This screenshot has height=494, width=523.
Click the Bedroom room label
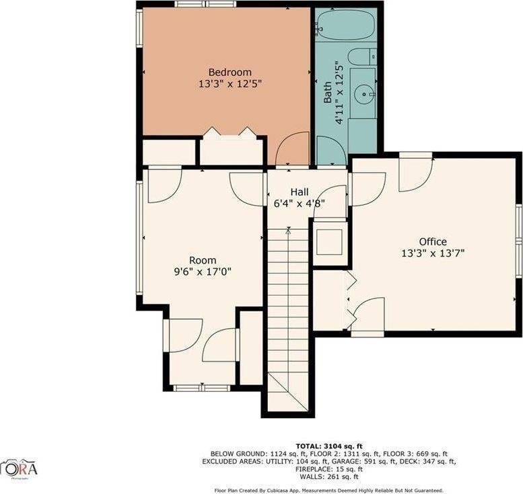click(x=230, y=73)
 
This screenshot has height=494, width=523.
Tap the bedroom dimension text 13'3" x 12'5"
click(x=230, y=84)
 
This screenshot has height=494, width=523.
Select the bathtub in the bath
click(x=345, y=25)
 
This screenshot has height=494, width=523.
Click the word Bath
click(x=328, y=92)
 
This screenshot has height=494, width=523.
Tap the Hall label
click(x=299, y=191)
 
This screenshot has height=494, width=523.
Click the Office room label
click(x=432, y=242)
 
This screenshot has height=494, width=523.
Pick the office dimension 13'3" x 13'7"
click(x=432, y=253)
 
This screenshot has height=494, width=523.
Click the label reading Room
click(x=202, y=261)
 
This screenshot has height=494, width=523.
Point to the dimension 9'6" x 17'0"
click(x=202, y=272)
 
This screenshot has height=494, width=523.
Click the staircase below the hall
click(x=287, y=316)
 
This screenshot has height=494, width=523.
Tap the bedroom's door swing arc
click(x=293, y=149)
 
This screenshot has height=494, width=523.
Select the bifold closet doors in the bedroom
click(x=230, y=133)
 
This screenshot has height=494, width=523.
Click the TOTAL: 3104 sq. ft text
click(x=328, y=446)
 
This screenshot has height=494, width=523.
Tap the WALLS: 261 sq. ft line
click(x=328, y=477)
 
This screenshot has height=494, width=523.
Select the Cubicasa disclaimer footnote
click(x=328, y=491)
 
